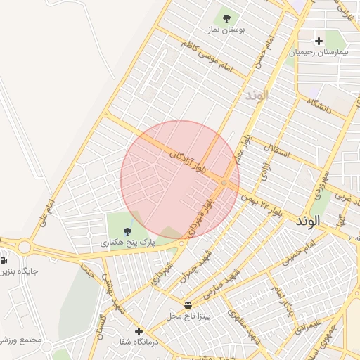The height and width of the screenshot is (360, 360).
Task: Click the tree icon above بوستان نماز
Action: [226, 17]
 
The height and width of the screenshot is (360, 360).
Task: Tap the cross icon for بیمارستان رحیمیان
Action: [319, 41]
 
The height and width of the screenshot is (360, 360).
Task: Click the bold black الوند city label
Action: [308, 221]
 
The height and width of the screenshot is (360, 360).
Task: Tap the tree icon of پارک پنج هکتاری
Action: [127, 231]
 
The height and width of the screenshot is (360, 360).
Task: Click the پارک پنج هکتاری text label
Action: [127, 243]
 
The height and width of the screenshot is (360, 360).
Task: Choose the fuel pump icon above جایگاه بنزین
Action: [4, 259]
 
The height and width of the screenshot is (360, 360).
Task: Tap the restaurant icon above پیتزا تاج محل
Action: [188, 304]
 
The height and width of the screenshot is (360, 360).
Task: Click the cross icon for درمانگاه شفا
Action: [139, 331]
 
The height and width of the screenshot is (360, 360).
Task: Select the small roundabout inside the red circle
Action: [224, 183]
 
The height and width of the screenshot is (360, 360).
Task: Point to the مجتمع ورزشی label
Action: [21, 340]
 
